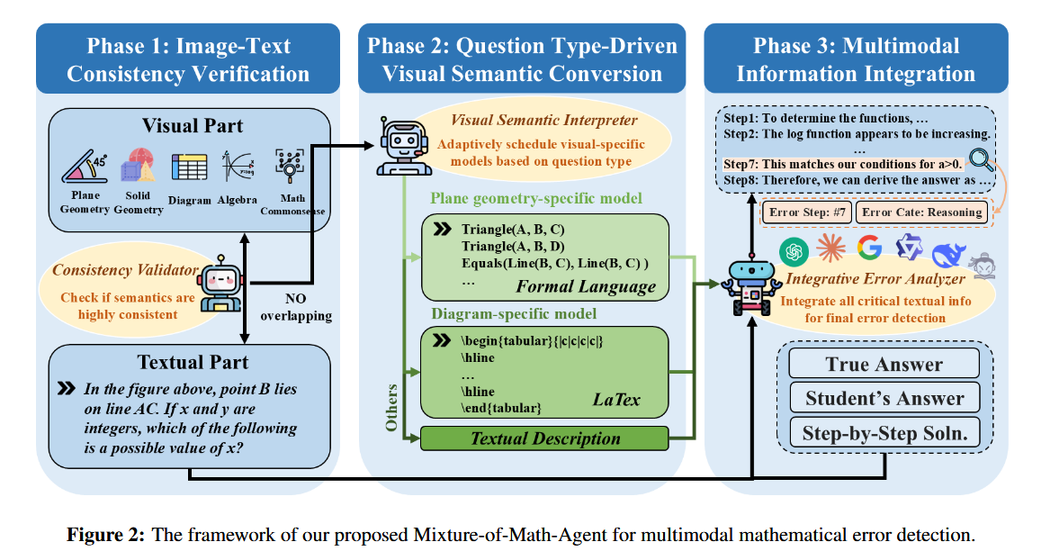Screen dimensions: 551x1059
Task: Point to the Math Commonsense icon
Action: pyautogui.click(x=291, y=166)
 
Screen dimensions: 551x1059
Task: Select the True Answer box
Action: pyautogui.click(x=884, y=364)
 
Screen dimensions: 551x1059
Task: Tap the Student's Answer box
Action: pyautogui.click(x=884, y=398)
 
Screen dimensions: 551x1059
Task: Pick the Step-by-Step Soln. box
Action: pyautogui.click(x=884, y=432)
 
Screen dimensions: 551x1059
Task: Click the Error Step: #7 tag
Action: pyautogui.click(x=806, y=212)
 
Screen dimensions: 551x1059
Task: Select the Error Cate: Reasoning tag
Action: pyautogui.click(x=920, y=212)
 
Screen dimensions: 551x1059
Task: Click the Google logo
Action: pyautogui.click(x=869, y=248)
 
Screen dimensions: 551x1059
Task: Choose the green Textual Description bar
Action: pyautogui.click(x=545, y=438)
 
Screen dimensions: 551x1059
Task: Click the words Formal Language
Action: pyautogui.click(x=586, y=286)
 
